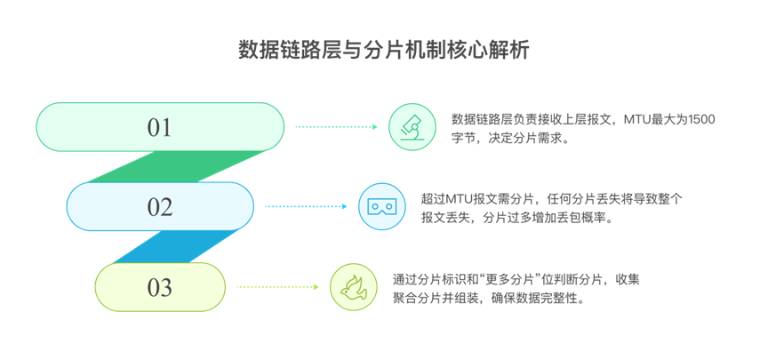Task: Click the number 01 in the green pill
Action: [x=159, y=128]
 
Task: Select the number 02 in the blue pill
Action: [x=160, y=207]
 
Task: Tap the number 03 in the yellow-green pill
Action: [x=160, y=288]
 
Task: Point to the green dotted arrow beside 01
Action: [x=336, y=127]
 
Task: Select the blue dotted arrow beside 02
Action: [x=305, y=207]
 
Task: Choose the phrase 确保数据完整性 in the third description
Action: [x=541, y=299]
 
